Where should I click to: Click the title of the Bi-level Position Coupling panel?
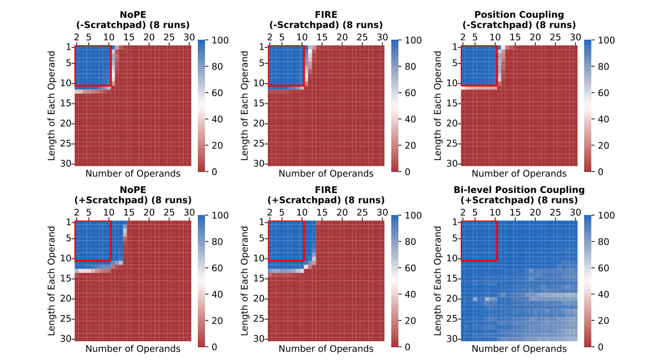[519, 190]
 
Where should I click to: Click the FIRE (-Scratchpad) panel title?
[326, 15]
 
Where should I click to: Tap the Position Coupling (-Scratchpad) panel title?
[519, 15]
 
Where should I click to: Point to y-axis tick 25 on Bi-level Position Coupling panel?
[452, 319]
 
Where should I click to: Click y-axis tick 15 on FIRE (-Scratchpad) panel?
[258, 103]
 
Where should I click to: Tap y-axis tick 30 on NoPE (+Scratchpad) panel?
[65, 338]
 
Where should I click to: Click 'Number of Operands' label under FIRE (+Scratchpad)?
[326, 348]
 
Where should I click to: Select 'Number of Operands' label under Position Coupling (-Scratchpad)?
[519, 174]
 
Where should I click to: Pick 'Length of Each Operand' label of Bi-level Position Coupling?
[439, 281]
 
